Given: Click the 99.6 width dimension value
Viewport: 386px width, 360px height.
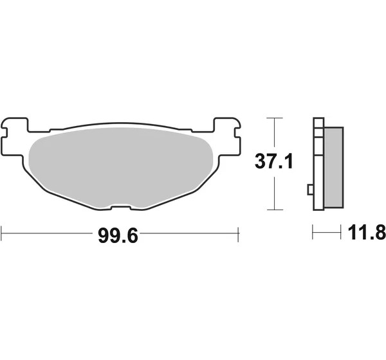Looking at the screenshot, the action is [x=118, y=236].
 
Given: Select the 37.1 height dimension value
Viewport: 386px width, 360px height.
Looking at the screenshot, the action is [x=274, y=161].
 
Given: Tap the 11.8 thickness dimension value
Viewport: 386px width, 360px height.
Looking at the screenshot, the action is [x=367, y=232].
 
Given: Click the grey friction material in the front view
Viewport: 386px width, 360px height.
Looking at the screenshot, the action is [x=121, y=167].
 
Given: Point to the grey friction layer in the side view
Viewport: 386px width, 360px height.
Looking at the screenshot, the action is [x=334, y=167].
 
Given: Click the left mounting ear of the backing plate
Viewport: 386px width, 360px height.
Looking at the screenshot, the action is [x=14, y=136].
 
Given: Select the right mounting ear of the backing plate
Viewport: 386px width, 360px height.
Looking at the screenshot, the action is [x=227, y=136].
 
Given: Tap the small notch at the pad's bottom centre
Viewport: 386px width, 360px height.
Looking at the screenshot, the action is [x=121, y=208].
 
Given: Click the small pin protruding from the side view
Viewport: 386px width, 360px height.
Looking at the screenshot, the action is [x=311, y=190].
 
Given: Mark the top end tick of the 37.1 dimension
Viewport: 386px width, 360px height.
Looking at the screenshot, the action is [x=275, y=118].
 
